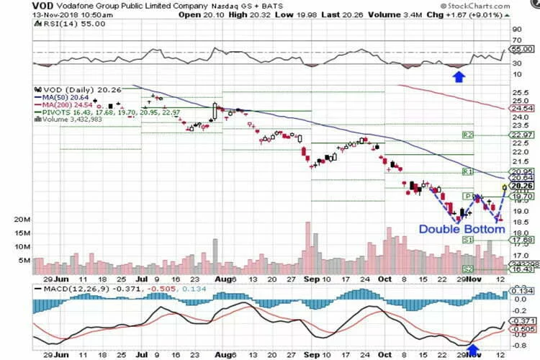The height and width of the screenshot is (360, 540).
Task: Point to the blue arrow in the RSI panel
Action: point(457,75)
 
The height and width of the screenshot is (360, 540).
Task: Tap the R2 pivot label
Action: point(467,135)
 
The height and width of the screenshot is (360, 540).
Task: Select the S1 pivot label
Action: point(467,239)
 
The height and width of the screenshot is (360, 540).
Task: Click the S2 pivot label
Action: point(467,269)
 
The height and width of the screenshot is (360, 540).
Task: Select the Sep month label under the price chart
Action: point(310,276)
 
